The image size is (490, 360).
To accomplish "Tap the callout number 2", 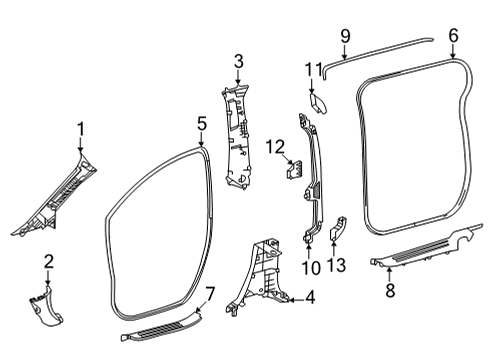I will pos(47,261).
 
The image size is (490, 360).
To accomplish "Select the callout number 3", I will pos(239,62).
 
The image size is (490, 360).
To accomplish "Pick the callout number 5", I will pos(202,124).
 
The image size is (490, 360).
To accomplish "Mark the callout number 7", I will pos(209,293).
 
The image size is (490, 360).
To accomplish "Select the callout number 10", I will pos(310,268).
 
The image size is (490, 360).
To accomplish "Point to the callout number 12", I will pos(274,148).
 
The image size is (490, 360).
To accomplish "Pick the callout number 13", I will pos(336,264).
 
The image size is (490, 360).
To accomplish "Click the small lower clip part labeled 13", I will pos(337,230).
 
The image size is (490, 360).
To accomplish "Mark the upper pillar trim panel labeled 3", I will pos(240,130).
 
